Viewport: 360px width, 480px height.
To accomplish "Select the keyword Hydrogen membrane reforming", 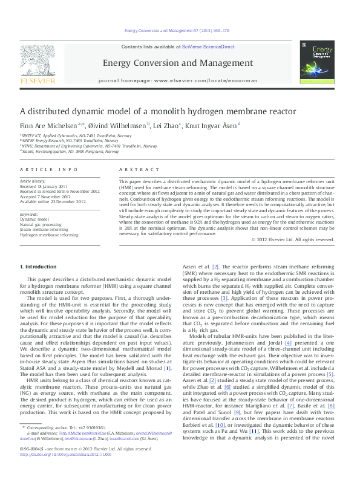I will [49, 234].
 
